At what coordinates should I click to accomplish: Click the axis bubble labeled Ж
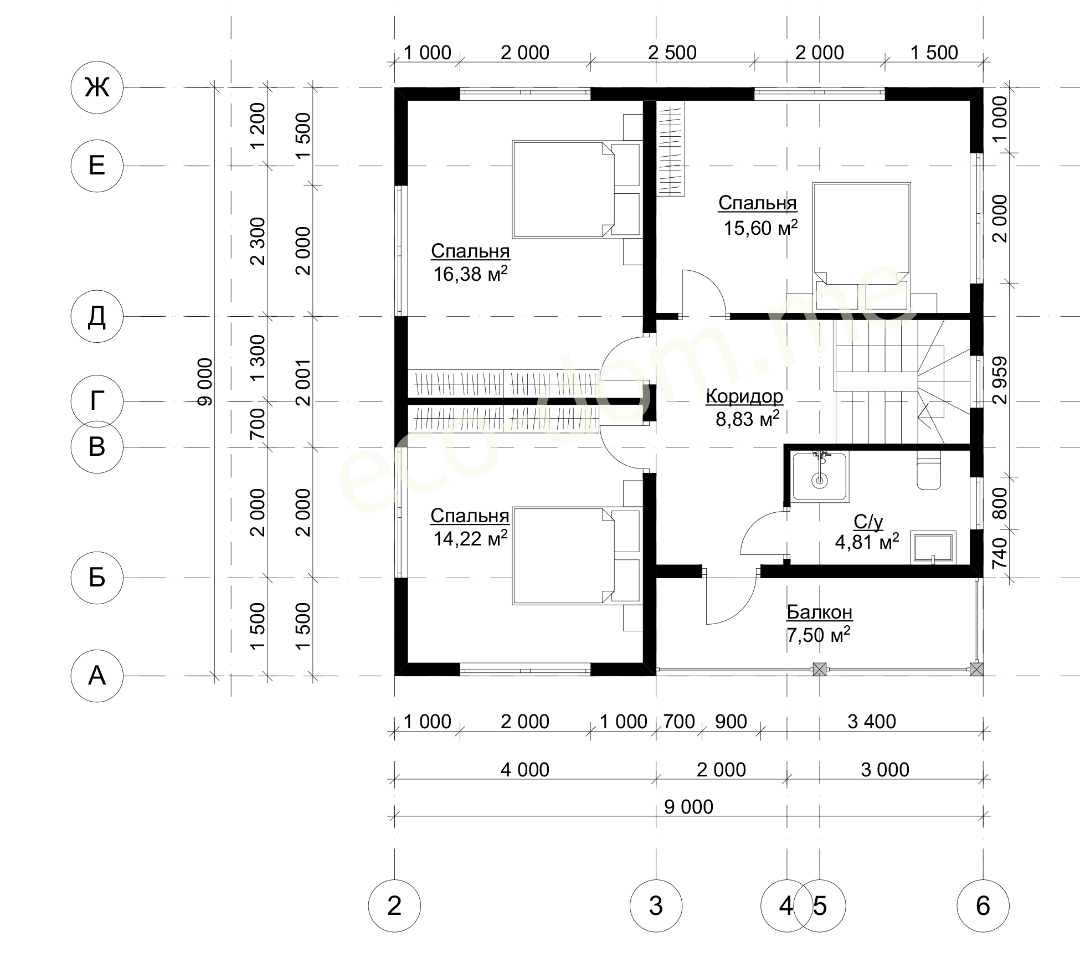tap(97, 87)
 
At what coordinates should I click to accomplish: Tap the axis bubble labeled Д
tap(97, 317)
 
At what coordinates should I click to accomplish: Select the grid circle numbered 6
tap(983, 906)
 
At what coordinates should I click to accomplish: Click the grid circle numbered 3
tap(656, 906)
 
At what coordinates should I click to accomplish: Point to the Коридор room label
tap(745, 397)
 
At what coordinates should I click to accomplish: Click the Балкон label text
tap(820, 612)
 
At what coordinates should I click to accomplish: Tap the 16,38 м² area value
tap(470, 274)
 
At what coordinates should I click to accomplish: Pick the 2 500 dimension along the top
tap(672, 53)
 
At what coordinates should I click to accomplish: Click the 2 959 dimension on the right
tap(1001, 380)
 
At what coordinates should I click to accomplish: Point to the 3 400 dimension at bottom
tap(872, 722)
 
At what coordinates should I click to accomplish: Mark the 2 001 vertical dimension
tap(304, 382)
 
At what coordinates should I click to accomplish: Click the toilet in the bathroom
tap(929, 471)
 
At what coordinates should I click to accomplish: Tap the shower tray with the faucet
tap(821, 477)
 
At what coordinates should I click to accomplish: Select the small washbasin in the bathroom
tap(934, 548)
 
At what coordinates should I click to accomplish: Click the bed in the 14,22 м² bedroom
tap(577, 555)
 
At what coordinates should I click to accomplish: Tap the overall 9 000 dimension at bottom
tap(688, 807)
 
